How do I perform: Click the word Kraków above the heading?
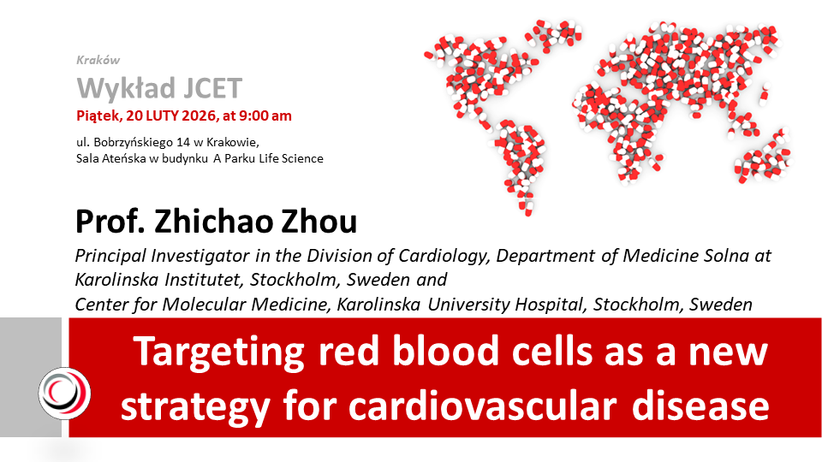98,60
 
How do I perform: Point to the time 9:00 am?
265,115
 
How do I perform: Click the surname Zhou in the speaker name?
319,222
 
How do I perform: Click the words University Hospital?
505,305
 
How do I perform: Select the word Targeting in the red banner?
219,352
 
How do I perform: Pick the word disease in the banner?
700,406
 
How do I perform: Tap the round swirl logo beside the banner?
64,394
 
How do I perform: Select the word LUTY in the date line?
163,115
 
